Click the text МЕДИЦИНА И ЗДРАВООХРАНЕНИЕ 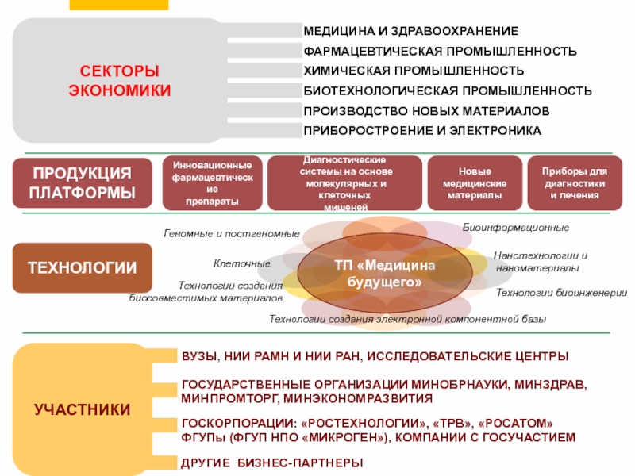click(x=410, y=31)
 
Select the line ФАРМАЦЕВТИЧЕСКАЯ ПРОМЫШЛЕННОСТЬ click(x=440, y=51)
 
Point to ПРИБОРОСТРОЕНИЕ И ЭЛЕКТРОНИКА click(x=422, y=130)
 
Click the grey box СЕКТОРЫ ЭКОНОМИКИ click(x=119, y=81)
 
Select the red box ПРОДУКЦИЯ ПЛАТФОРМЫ click(x=81, y=183)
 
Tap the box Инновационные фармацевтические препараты click(x=212, y=183)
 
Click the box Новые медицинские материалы click(x=475, y=183)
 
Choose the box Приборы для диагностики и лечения click(x=574, y=183)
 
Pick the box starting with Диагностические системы click(x=344, y=183)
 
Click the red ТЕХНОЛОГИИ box click(x=81, y=267)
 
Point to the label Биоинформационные click(x=516, y=228)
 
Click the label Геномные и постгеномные click(x=232, y=234)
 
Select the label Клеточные click(x=242, y=263)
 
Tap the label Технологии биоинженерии click(x=561, y=293)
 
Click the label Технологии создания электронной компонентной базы click(x=407, y=319)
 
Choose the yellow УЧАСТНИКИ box click(x=83, y=409)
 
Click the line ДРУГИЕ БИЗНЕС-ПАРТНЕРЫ click(x=272, y=463)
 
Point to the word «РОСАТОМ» click(x=518, y=422)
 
